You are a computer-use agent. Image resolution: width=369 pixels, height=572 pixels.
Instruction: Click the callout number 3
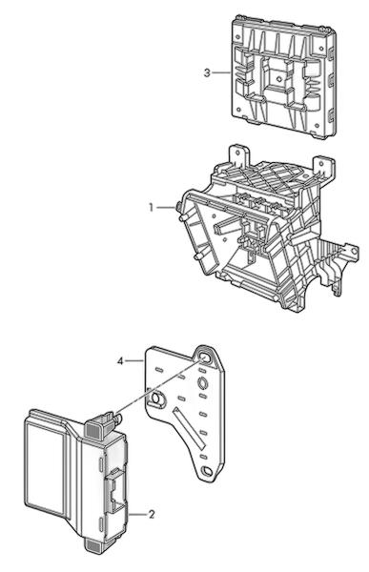click(x=207, y=73)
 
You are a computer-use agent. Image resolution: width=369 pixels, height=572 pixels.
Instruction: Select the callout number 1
click(x=151, y=208)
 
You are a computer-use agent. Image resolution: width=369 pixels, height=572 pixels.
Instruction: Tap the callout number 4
click(x=120, y=361)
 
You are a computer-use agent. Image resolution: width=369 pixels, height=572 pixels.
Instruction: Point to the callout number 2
click(x=152, y=515)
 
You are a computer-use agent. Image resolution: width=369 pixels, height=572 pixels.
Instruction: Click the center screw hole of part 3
click(x=279, y=78)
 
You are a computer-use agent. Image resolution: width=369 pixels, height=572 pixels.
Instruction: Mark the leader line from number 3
click(x=221, y=73)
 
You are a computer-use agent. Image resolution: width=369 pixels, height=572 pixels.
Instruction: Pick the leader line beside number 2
click(x=137, y=515)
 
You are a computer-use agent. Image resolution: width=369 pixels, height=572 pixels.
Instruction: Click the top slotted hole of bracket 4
click(x=206, y=357)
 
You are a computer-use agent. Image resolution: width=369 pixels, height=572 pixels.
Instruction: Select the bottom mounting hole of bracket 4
click(x=207, y=471)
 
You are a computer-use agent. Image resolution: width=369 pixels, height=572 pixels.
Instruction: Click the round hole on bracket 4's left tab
click(x=157, y=398)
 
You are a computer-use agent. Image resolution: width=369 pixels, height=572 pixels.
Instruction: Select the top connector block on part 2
click(x=97, y=426)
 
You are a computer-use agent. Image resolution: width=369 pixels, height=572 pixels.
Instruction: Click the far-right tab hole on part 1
click(x=354, y=252)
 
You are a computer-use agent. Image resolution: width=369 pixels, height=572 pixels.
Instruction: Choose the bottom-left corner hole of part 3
click(x=238, y=109)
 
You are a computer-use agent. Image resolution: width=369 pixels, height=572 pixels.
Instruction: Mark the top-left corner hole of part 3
click(x=238, y=37)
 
